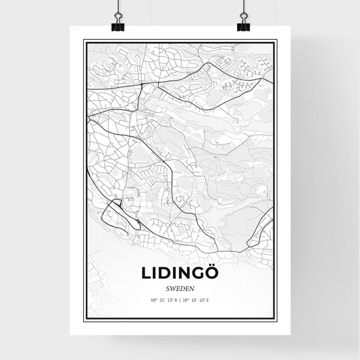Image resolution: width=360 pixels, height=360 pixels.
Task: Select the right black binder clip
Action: tap(243, 27)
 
